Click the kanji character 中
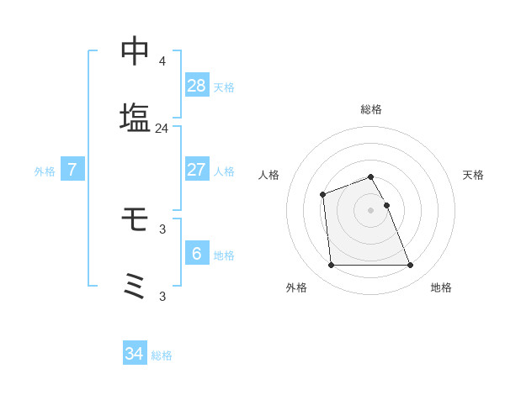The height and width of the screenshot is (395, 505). (x=135, y=51)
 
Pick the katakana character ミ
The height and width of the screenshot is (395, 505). (x=135, y=287)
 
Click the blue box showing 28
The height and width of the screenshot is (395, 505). (x=197, y=85)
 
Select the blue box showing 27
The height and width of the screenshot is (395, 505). (x=197, y=169)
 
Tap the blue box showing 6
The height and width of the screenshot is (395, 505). (x=197, y=253)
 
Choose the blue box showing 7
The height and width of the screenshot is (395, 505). (x=72, y=169)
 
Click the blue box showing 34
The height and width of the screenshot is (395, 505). (x=135, y=354)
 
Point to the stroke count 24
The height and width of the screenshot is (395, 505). (x=162, y=129)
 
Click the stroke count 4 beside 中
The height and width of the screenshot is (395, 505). (x=162, y=61)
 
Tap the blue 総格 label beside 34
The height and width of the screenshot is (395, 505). (x=162, y=355)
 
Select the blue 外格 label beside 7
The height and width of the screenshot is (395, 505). (x=45, y=171)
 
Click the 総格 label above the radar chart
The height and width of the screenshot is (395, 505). (x=371, y=109)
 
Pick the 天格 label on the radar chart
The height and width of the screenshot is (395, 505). (x=474, y=175)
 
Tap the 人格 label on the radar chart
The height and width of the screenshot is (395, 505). (x=268, y=175)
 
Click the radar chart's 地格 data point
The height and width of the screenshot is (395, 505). (x=410, y=266)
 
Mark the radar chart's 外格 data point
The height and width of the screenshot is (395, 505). (x=332, y=266)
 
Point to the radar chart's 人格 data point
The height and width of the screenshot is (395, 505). (x=322, y=195)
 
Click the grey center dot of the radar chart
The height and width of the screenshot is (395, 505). (x=371, y=209)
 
